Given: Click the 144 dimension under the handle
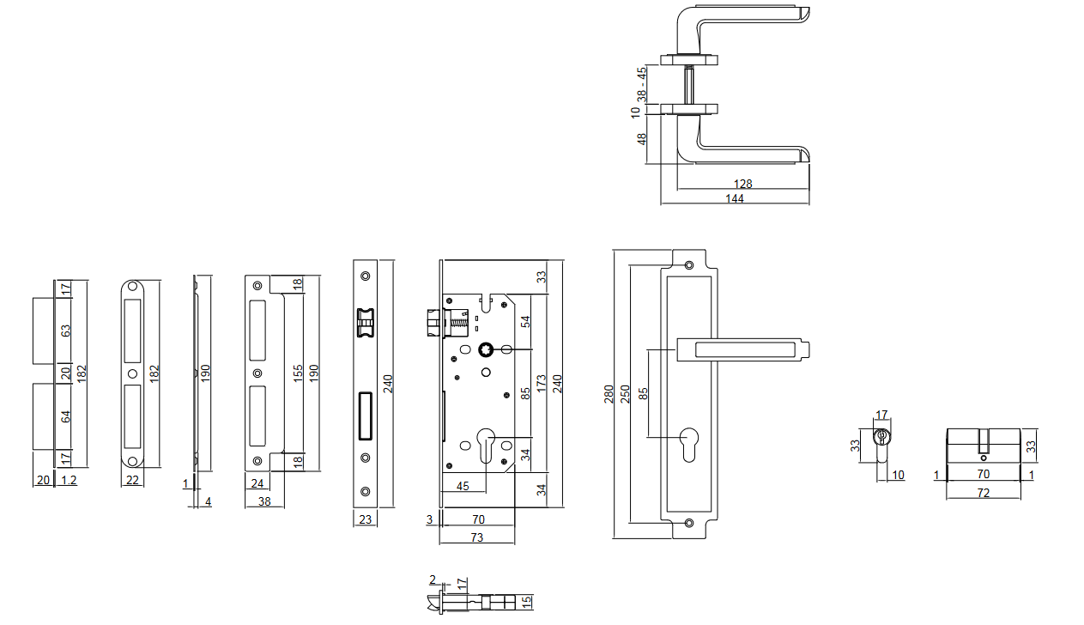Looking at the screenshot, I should point(735,198).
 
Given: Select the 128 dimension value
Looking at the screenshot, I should point(743,184).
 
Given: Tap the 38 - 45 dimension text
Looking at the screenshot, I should point(642,85).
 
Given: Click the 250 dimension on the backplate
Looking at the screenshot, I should point(626,394).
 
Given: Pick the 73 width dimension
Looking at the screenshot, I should point(477,537).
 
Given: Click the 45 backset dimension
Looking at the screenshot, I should point(463,486).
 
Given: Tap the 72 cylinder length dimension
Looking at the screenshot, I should point(984,493).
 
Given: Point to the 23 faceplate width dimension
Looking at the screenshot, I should point(365,519).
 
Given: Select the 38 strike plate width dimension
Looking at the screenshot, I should point(264,501).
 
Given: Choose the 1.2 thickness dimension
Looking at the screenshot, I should point(70,480).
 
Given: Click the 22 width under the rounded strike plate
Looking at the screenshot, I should point(132,480).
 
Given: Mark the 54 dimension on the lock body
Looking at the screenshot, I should point(525,321).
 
